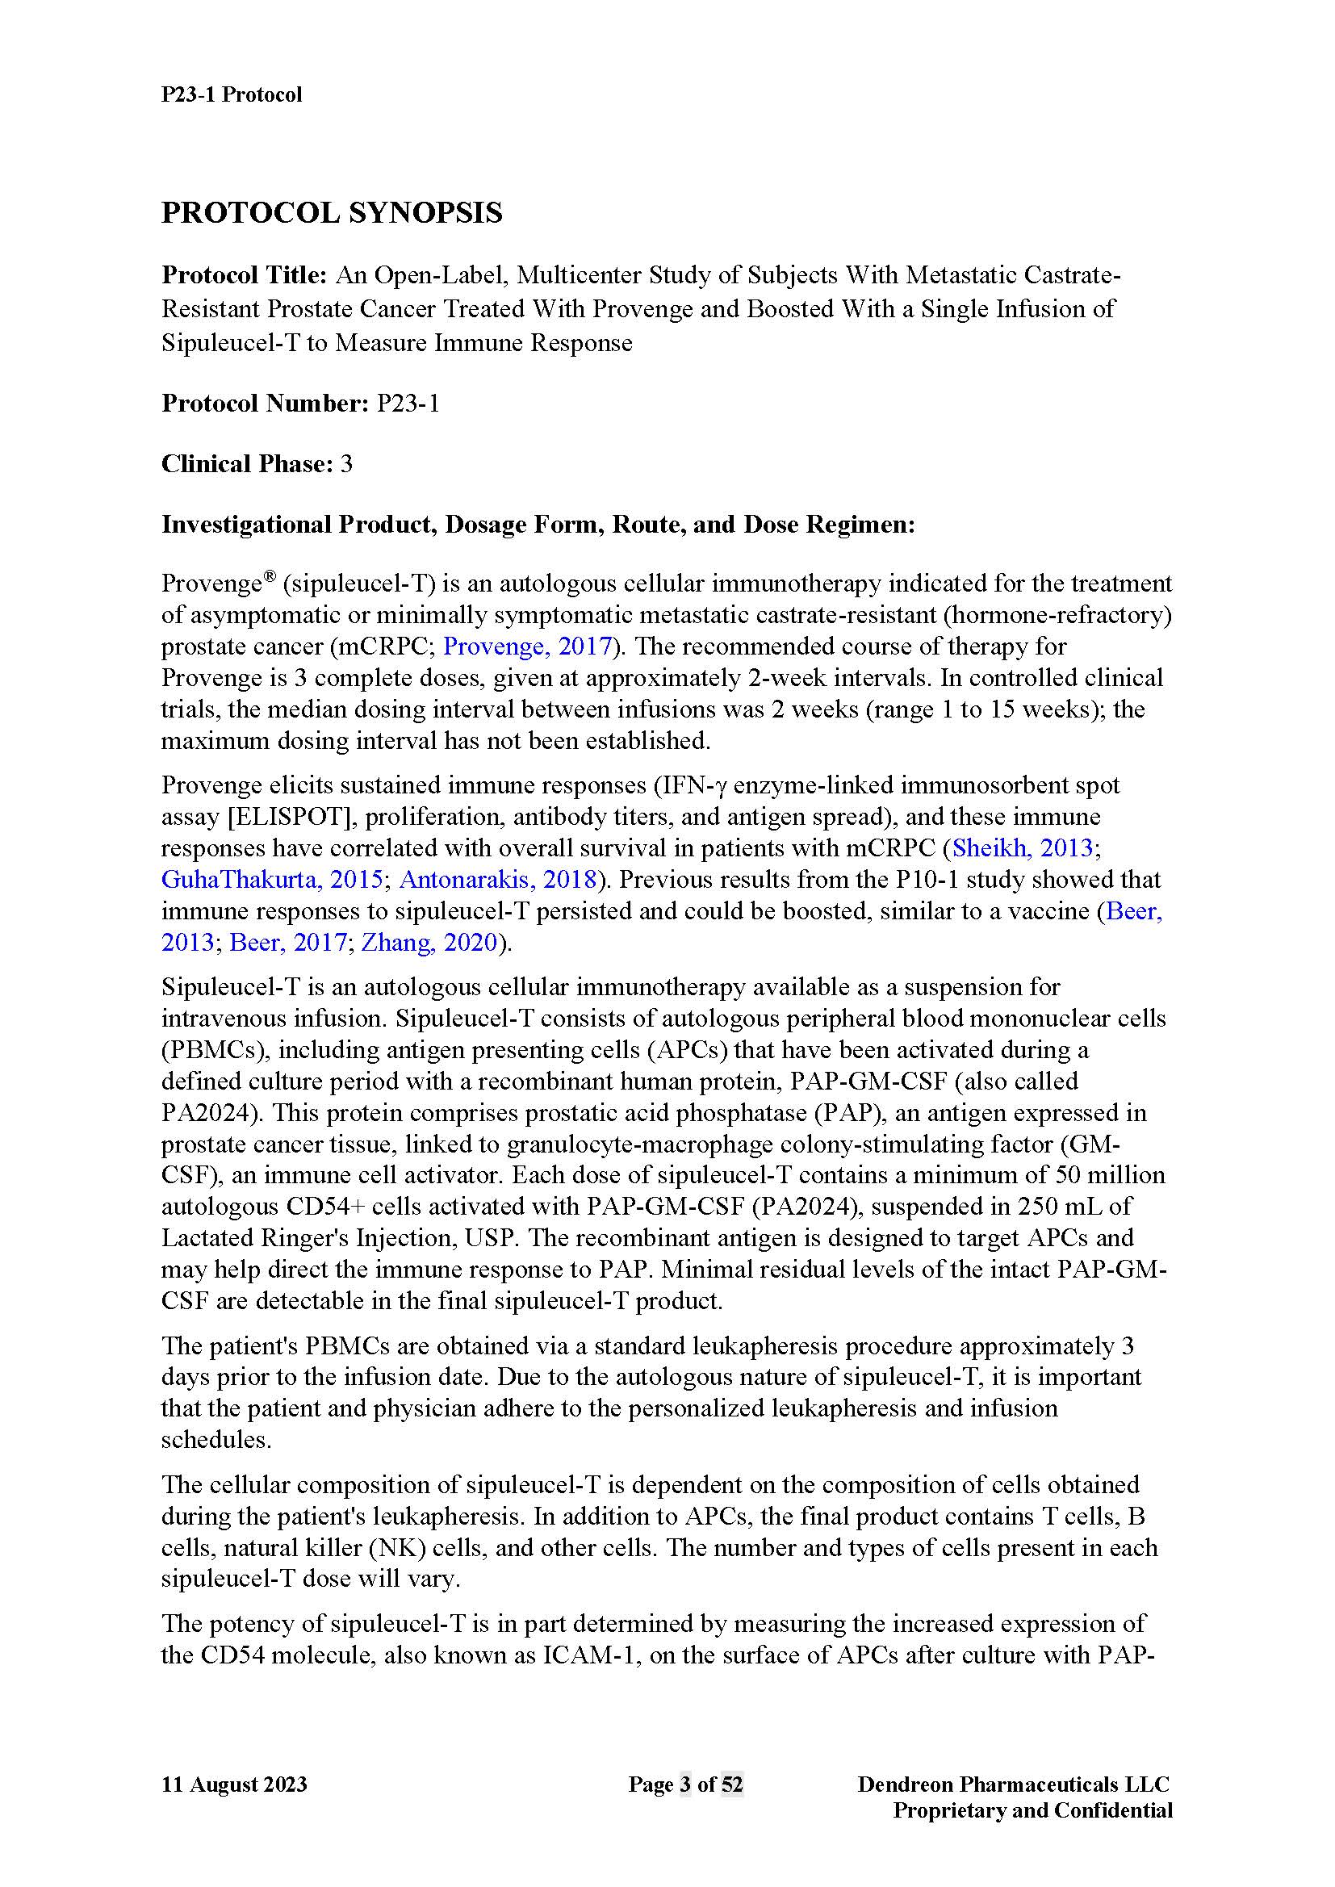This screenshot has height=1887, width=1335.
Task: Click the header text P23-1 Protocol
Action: [231, 94]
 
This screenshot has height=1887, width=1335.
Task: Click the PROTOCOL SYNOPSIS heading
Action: [331, 213]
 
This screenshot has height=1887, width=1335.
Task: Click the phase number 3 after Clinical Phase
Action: [346, 464]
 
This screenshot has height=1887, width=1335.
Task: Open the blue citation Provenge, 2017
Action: [527, 646]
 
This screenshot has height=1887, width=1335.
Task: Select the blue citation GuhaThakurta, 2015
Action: [271, 880]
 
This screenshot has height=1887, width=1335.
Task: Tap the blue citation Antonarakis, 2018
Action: [497, 880]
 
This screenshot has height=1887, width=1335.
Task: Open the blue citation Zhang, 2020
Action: [429, 942]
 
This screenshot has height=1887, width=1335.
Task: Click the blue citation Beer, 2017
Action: [287, 942]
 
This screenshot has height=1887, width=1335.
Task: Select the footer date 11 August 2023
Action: [233, 1784]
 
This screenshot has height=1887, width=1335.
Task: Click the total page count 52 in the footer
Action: [731, 1784]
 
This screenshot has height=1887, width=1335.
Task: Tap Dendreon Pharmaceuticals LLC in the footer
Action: [1013, 1784]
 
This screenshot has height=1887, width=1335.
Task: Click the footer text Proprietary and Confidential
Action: [1032, 1810]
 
